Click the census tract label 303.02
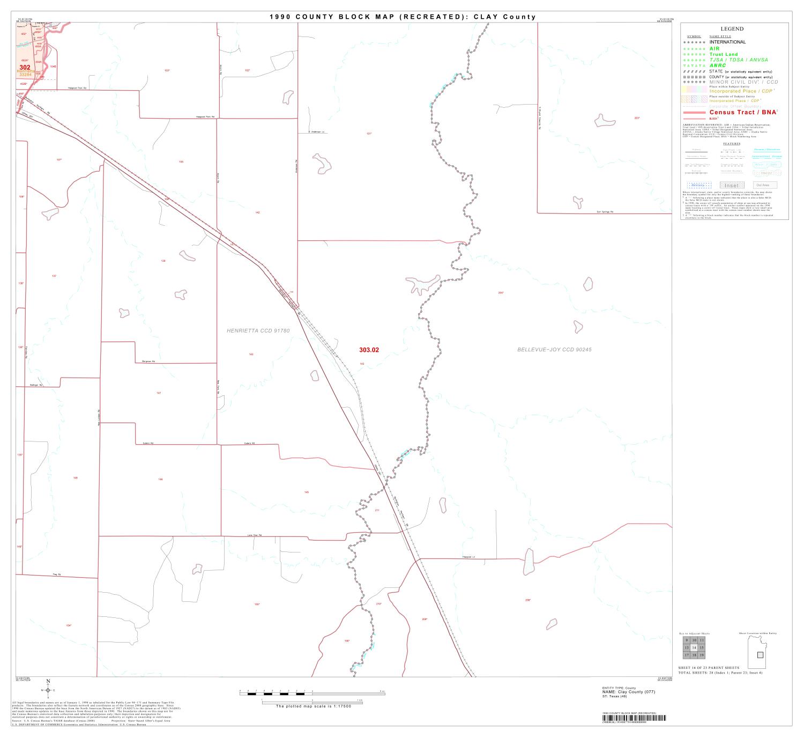tap(369, 350)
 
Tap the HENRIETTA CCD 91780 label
tap(258, 331)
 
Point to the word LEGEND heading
tap(732, 29)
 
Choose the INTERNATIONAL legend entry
tap(727, 42)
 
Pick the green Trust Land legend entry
tap(723, 54)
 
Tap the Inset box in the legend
tap(731, 185)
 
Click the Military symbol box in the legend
tap(699, 185)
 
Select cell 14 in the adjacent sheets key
tap(694, 648)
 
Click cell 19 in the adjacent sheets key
tap(702, 655)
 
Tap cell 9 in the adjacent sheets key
tap(687, 640)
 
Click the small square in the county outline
tap(760, 655)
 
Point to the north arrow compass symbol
tap(48, 690)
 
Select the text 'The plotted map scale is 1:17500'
tap(313, 706)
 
